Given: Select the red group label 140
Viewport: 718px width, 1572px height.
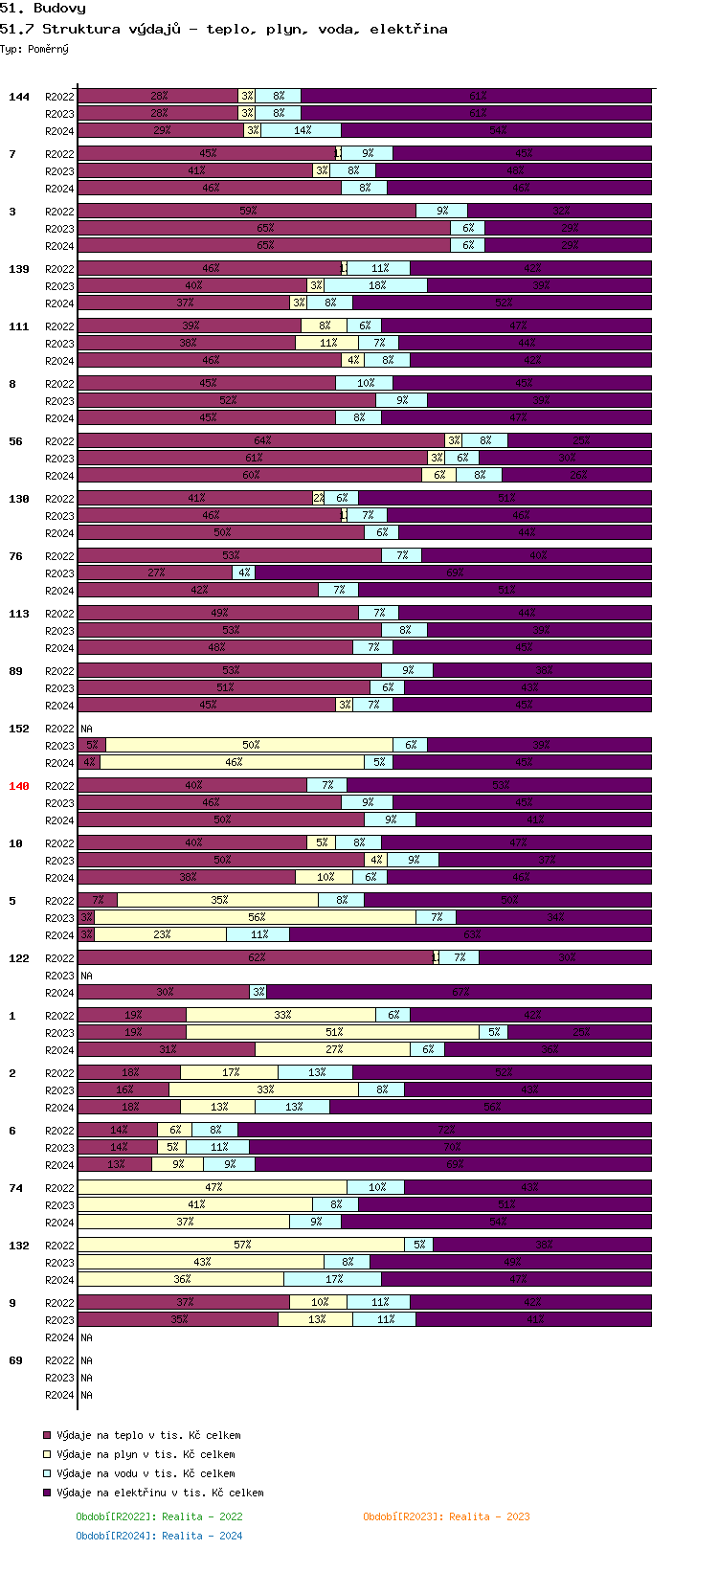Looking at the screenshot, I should [x=19, y=786].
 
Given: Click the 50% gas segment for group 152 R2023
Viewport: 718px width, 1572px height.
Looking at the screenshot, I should [x=250, y=745].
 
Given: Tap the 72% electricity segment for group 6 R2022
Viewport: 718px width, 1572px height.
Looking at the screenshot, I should [x=445, y=1130].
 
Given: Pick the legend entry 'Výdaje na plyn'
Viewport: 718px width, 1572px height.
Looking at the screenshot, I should [x=146, y=1454].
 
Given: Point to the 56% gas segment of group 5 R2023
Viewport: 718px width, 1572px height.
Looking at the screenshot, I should [x=256, y=917].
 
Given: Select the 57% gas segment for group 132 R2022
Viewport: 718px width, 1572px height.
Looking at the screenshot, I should [x=242, y=1245].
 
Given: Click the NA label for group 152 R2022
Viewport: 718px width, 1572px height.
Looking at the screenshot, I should [x=86, y=729].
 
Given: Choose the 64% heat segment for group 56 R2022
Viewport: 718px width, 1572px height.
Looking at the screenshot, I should [x=261, y=440].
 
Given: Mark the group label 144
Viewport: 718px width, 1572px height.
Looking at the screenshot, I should [x=19, y=97].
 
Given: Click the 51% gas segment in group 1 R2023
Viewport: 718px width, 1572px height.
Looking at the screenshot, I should [x=333, y=1032].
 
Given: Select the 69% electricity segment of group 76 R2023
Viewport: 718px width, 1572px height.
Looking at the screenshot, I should [x=454, y=573].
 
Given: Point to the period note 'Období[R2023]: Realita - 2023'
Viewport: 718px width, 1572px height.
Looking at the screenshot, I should [x=446, y=1516].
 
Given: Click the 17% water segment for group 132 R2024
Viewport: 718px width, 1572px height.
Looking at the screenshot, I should [x=333, y=1279].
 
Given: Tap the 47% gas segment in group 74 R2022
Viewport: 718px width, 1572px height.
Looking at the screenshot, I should [x=213, y=1187].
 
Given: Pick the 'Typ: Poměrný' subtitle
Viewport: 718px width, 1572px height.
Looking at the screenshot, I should [x=34, y=49].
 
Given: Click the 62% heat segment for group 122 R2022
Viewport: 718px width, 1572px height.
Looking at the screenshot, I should [x=256, y=957].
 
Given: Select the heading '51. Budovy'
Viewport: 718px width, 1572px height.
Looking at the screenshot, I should [x=43, y=9].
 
